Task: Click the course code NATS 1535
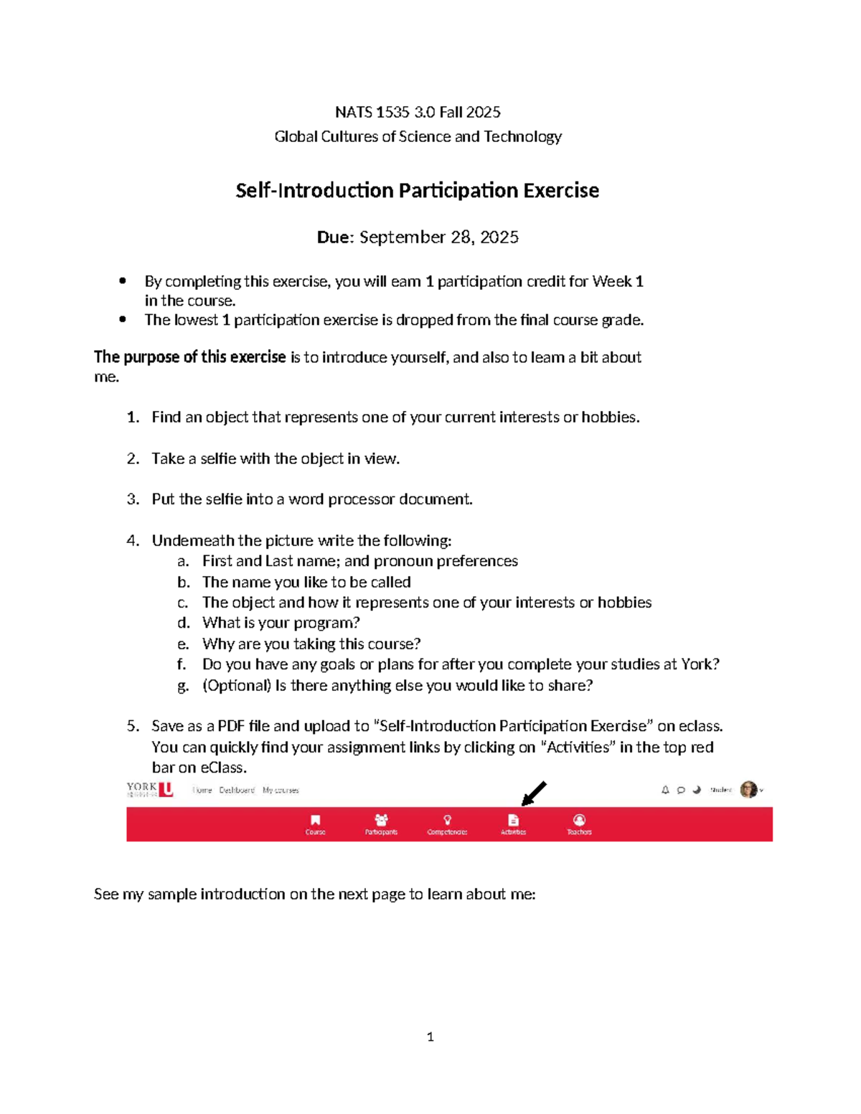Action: [372, 112]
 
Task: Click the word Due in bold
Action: [334, 237]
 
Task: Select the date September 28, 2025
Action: [438, 237]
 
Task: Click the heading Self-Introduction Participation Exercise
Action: [417, 191]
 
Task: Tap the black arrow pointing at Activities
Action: [534, 793]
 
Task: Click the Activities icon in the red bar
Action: [513, 820]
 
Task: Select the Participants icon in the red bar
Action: [381, 820]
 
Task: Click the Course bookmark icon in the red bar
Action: [315, 820]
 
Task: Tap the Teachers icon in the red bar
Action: [579, 820]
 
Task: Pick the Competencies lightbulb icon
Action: [447, 820]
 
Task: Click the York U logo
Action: [150, 790]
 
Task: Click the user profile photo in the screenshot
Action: [748, 790]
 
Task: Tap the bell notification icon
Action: [665, 790]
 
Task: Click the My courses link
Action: [281, 790]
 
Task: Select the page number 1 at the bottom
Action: [430, 1037]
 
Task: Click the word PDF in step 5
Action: [231, 726]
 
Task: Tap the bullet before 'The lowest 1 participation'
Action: [123, 320]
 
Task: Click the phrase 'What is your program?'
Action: [281, 623]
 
